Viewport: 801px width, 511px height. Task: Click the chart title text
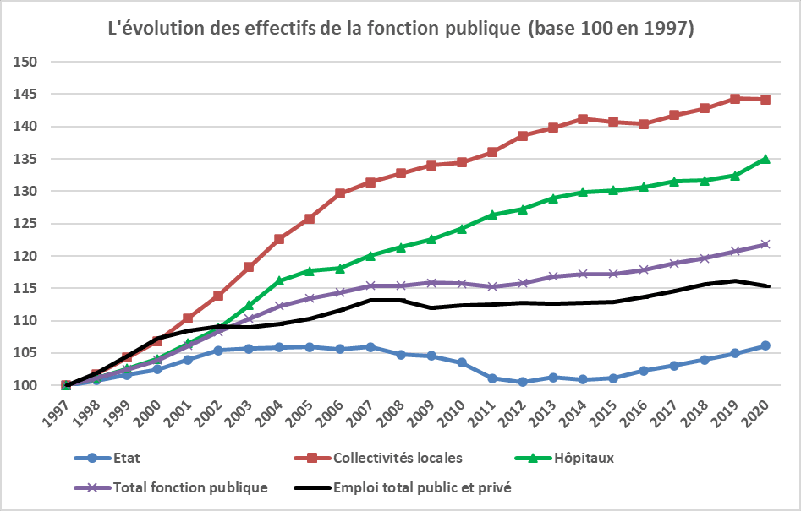pyautogui.click(x=401, y=29)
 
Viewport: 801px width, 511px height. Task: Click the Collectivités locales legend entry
pyautogui.click(x=398, y=459)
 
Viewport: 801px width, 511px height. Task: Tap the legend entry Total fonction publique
pyautogui.click(x=189, y=487)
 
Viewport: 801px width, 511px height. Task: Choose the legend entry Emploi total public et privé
pyautogui.click(x=422, y=487)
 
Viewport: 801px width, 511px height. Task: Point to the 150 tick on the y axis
pyautogui.click(x=29, y=63)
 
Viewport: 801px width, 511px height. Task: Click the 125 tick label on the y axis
pyautogui.click(x=29, y=224)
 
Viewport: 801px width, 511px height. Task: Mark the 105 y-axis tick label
pyautogui.click(x=29, y=353)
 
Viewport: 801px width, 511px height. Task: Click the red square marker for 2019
pyautogui.click(x=735, y=99)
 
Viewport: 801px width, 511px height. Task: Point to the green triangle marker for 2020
pyautogui.click(x=765, y=159)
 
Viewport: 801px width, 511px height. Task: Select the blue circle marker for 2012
pyautogui.click(x=523, y=382)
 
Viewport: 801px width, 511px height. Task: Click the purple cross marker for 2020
pyautogui.click(x=765, y=244)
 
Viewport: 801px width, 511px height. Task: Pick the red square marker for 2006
pyautogui.click(x=340, y=193)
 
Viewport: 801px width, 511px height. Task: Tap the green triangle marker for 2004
pyautogui.click(x=279, y=280)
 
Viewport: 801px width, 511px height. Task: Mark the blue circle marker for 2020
pyautogui.click(x=765, y=345)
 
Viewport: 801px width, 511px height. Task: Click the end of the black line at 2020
pyautogui.click(x=768, y=286)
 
